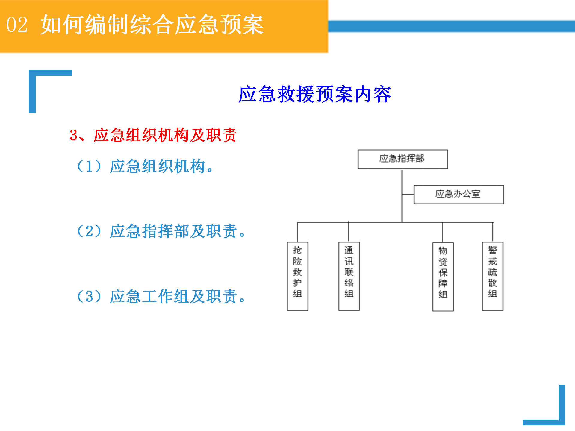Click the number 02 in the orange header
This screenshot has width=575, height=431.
click(17, 25)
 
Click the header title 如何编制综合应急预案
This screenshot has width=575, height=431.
click(152, 25)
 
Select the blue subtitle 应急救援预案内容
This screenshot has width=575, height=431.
click(315, 94)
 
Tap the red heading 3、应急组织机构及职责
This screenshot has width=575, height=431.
click(153, 135)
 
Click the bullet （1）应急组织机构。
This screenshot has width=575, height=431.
click(145, 166)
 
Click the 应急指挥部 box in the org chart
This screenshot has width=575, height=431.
click(403, 159)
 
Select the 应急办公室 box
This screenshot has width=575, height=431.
click(459, 195)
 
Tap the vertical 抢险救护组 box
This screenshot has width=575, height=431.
click(297, 276)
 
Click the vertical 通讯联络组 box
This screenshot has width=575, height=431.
click(349, 276)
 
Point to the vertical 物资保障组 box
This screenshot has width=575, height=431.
click(443, 277)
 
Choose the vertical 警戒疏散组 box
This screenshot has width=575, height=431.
click(493, 276)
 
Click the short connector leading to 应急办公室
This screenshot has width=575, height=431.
click(408, 194)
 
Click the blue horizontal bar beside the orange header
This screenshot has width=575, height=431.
click(452, 26)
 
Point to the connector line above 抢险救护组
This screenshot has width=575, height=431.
click(297, 232)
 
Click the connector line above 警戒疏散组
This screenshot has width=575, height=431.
click(493, 232)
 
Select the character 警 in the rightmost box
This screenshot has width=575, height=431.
click(493, 250)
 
